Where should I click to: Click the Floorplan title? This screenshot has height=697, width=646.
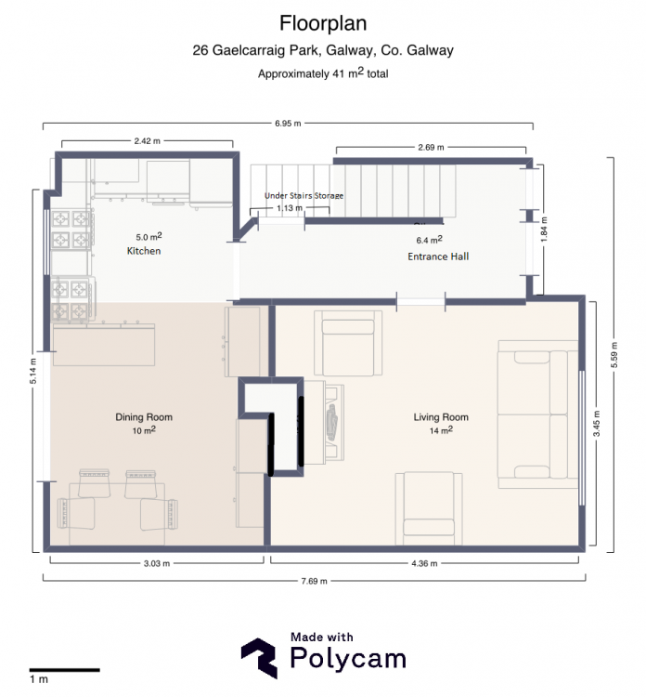(x=323, y=23)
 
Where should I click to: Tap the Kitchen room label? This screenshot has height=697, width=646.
(x=144, y=251)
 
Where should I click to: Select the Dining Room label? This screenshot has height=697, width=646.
(x=144, y=417)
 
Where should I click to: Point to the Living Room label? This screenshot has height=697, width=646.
(x=441, y=417)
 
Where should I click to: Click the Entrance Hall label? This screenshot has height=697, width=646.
(x=438, y=256)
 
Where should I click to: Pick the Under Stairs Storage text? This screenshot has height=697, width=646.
(x=304, y=195)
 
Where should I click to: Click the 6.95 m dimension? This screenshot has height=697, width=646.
(x=288, y=123)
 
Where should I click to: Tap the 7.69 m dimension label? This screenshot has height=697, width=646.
(x=314, y=581)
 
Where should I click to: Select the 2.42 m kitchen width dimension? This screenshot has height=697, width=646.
(x=147, y=141)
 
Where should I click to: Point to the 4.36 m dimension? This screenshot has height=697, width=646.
(x=424, y=564)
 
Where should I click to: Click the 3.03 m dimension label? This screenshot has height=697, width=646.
(x=156, y=564)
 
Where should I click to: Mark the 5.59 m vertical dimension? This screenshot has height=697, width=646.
(x=614, y=355)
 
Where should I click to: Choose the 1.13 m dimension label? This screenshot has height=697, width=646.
(x=290, y=208)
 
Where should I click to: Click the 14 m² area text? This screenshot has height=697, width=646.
(x=441, y=430)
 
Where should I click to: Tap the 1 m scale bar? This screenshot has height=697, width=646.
(x=64, y=670)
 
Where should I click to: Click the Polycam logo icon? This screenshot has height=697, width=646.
(x=260, y=658)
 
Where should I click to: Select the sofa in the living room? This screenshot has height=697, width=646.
(x=537, y=414)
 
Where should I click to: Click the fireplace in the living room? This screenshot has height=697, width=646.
(x=324, y=422)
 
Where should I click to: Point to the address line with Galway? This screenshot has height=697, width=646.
(x=323, y=50)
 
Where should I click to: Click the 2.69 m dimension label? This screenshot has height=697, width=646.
(x=431, y=147)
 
